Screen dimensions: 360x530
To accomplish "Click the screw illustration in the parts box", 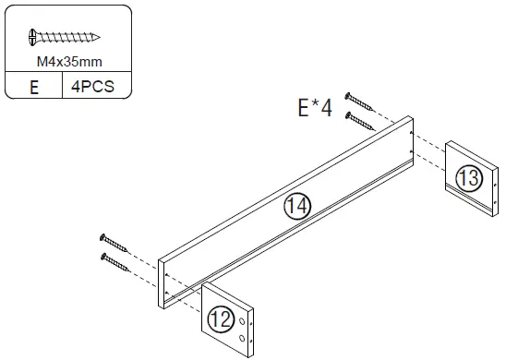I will [64, 38].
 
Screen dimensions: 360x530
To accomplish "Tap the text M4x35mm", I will [64, 62].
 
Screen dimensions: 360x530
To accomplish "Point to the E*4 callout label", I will [314, 109].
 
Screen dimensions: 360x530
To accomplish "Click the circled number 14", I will [295, 207].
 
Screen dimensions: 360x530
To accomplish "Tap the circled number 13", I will [469, 178].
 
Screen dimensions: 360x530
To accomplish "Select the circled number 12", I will [221, 319].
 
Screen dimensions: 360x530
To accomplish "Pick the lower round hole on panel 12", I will [244, 339].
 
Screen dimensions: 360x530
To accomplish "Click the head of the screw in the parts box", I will [33, 38].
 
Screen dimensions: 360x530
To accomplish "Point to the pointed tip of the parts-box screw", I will [98, 38].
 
